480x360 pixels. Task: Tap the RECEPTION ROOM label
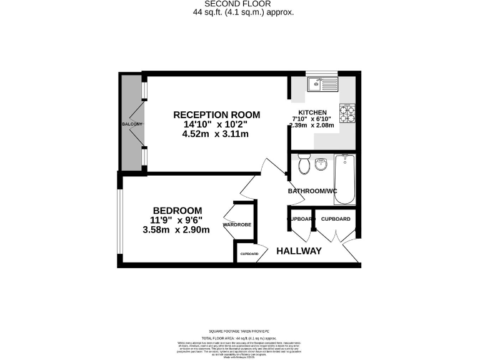click(216, 115)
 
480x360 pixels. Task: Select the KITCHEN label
click(312, 112)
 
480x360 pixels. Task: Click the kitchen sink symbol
click(322, 84)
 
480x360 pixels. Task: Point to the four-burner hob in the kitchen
click(347, 113)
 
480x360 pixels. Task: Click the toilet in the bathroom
click(304, 164)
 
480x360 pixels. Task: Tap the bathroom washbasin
click(321, 164)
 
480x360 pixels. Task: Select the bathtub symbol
click(344, 179)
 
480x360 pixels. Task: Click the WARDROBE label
click(237, 224)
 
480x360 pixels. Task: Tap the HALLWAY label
click(299, 251)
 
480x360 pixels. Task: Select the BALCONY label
click(132, 124)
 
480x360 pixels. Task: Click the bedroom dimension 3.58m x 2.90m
click(176, 229)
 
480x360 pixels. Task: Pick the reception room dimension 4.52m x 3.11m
click(216, 134)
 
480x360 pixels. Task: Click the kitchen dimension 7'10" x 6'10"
click(312, 119)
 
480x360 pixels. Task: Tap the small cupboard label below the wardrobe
click(249, 254)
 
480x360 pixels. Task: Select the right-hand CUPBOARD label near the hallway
click(336, 219)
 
